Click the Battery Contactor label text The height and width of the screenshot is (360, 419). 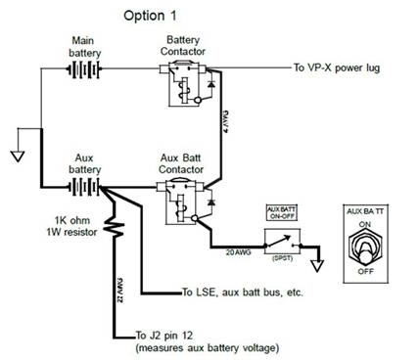coord(186,43)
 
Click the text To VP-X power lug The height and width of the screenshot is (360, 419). coord(337,68)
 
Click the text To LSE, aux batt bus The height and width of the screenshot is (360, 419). coord(238,292)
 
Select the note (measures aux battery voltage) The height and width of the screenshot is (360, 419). coord(196,348)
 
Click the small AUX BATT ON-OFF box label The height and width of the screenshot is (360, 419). coord(280,214)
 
